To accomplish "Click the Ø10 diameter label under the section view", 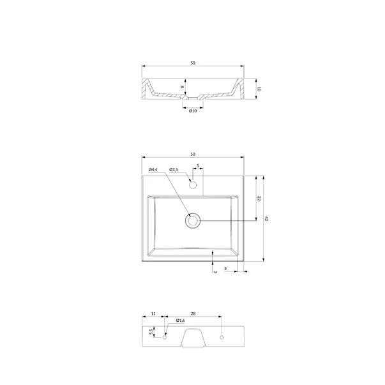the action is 193,111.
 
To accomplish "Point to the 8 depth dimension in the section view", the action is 182,87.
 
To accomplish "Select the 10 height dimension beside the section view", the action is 259,89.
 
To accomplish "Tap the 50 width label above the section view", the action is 193,63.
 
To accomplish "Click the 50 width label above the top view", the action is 193,155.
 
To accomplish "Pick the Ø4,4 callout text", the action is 153,169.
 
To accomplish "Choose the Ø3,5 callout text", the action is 174,169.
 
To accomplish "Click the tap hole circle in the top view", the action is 193,185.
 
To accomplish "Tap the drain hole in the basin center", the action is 193,220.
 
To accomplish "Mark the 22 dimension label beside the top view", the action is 259,198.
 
